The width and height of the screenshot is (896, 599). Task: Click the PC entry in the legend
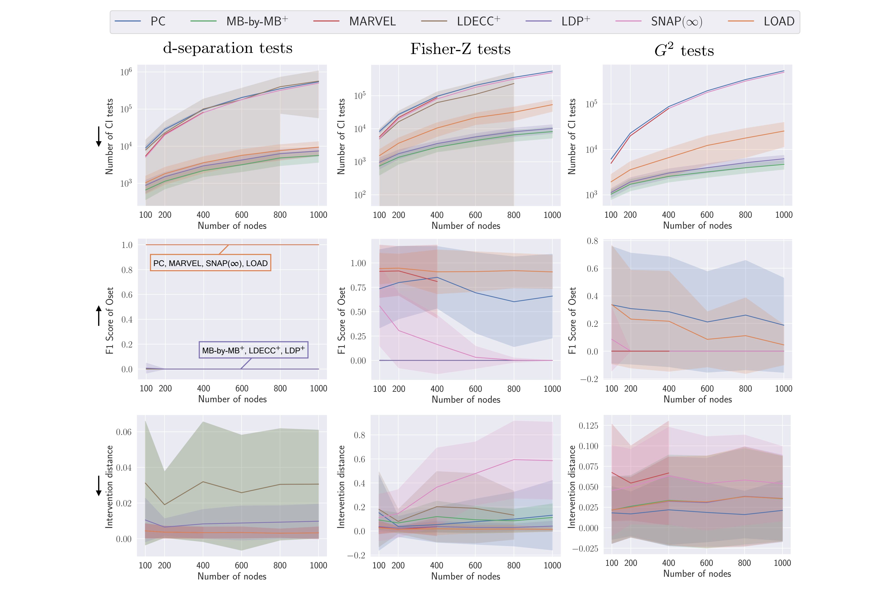pos(157,21)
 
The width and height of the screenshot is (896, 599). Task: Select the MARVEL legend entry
pos(372,21)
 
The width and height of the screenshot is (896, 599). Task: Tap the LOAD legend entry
pos(779,21)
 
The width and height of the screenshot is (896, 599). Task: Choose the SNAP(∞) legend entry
pos(676,21)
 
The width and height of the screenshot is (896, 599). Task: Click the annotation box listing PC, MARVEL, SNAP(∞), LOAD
pos(210,263)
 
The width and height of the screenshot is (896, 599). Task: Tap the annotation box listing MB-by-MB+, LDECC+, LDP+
pos(253,350)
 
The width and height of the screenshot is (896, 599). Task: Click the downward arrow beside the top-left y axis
pos(99,137)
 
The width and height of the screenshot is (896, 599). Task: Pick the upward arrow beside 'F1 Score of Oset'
pos(99,316)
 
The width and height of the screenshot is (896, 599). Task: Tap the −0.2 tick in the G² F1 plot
pos(589,379)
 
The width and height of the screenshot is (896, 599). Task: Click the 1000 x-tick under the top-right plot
pos(784,215)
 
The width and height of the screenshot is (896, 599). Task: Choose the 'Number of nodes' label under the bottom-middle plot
pos(465,577)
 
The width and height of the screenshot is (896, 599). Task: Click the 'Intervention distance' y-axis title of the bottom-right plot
pos(572,487)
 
